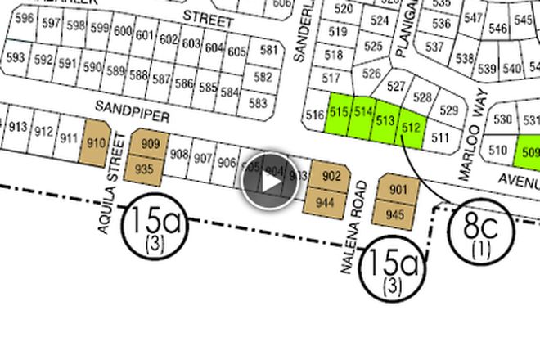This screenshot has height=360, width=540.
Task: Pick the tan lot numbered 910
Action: click(x=97, y=143)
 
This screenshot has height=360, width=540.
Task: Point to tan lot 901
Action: click(x=398, y=191)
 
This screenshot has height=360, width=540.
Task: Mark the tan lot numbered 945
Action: click(x=395, y=214)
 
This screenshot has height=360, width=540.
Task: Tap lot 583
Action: click(x=259, y=104)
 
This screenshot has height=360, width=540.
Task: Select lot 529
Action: click(x=449, y=110)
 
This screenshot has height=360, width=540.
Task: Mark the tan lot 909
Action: click(x=149, y=145)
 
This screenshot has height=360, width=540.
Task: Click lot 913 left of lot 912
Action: click(x=16, y=128)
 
